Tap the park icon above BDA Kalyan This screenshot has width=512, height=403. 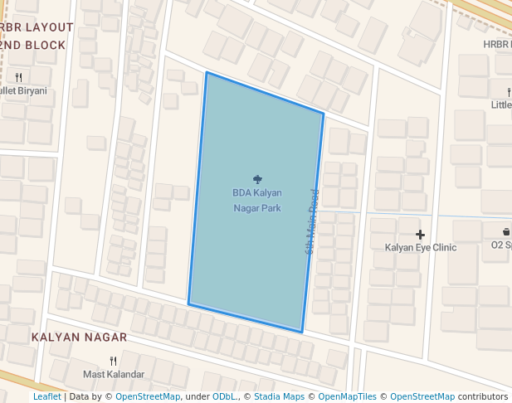click(x=257, y=179)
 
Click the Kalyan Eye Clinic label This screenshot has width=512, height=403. click(x=421, y=248)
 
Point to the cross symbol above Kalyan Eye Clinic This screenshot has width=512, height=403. click(x=421, y=235)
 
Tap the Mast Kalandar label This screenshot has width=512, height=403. click(x=114, y=375)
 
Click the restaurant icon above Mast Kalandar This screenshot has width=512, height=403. click(x=113, y=362)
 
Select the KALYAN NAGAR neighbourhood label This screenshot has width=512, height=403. click(x=79, y=337)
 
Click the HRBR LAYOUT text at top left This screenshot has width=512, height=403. click(x=37, y=27)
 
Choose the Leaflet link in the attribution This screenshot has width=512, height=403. click(x=46, y=397)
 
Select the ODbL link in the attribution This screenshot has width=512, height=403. click(x=224, y=397)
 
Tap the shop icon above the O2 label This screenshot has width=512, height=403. click(x=506, y=231)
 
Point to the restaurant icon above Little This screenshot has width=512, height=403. click(x=508, y=91)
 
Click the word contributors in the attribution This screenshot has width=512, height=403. click(x=483, y=397)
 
